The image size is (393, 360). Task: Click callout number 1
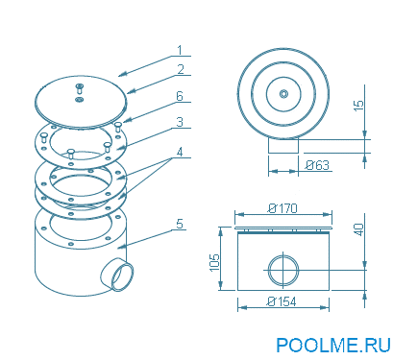coord(180,50)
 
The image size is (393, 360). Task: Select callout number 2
coord(181,69)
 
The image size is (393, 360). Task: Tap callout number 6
coord(180,96)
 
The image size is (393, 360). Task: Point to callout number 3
coord(180,122)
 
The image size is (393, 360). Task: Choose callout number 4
coord(180,152)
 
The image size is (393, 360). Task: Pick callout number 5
coord(180,224)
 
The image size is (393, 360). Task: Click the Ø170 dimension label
coord(282,208)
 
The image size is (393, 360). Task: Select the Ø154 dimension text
coord(282,301)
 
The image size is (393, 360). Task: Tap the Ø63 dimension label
coord(317,165)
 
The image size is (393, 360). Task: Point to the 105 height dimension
coord(214,262)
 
